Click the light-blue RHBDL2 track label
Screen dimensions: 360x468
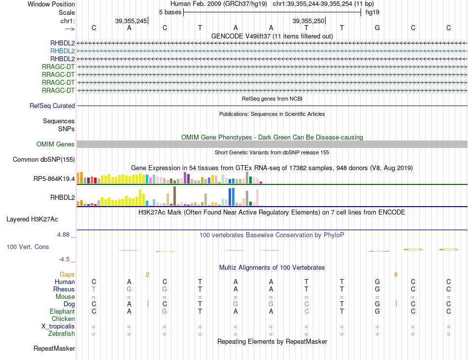[x=63, y=51]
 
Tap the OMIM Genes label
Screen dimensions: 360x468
[x=56, y=144]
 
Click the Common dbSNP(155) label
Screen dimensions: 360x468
[x=44, y=159]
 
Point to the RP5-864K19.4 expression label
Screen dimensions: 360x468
[x=53, y=179]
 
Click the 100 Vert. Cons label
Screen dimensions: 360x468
[x=28, y=247]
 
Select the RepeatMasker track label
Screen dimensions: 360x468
[x=54, y=349]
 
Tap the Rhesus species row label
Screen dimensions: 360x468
[x=64, y=289]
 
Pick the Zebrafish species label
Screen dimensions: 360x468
[x=62, y=334]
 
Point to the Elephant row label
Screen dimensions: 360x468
[x=62, y=312]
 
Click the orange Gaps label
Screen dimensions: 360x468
[x=67, y=274]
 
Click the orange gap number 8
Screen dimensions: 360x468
[x=396, y=274]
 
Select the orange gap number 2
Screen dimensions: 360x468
[x=147, y=274]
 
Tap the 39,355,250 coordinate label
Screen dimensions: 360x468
[x=308, y=21]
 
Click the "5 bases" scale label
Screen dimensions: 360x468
[x=170, y=12]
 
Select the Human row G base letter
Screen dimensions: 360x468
[x=377, y=282]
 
